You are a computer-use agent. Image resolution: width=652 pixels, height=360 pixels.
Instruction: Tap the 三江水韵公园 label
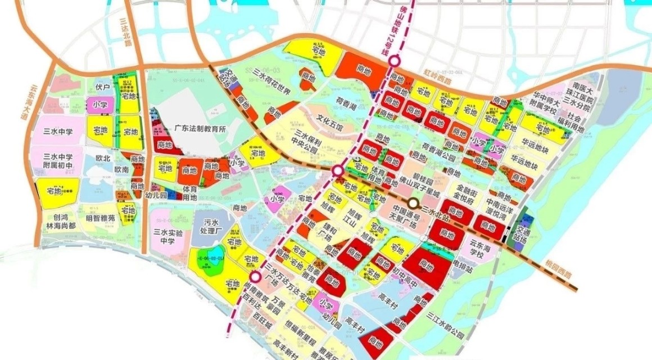tap(445, 318)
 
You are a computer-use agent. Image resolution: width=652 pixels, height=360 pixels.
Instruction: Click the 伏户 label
tap(102, 88)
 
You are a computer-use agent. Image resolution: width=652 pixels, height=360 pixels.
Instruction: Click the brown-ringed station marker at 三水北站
tap(414, 203)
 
